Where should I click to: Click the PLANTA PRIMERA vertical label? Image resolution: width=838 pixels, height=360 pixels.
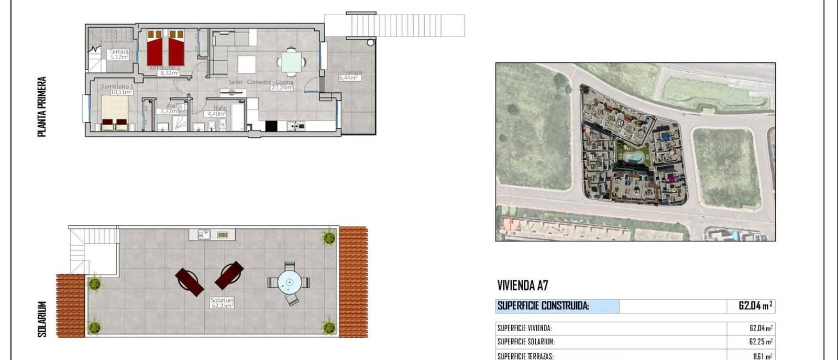pos(42,107)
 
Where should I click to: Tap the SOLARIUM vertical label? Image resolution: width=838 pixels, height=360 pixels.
pos(42,319)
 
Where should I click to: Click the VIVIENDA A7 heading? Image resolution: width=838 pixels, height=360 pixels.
pos(522,286)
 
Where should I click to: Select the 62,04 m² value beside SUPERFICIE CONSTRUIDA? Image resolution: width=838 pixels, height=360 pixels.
pos(755,306)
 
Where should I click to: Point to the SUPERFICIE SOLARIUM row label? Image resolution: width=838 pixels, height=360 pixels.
pos(526,342)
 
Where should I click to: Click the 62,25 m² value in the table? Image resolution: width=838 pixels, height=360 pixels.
pos(760,342)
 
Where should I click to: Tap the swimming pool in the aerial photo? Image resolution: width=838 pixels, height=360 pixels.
pos(634,157)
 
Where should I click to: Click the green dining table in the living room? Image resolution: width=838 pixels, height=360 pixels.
pos(291,61)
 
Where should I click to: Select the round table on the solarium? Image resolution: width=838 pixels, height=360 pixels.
pos(289,282)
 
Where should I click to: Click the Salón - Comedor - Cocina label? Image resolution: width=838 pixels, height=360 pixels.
pos(260,82)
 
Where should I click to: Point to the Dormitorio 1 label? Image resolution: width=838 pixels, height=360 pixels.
pos(115,86)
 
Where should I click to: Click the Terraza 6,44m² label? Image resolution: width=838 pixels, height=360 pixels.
pos(349,75)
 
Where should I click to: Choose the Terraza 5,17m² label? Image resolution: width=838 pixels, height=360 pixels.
pos(119,54)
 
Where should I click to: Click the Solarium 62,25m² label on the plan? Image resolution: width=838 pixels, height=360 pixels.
pos(222,303)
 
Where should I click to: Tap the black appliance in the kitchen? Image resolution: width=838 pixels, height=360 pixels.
pos(271,126)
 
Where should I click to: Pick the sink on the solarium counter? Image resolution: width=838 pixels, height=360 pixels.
pos(204,235)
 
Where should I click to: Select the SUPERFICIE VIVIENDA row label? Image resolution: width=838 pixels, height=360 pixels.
pos(524,329)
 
